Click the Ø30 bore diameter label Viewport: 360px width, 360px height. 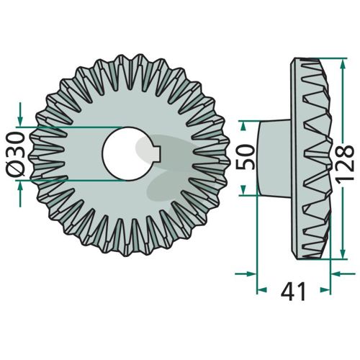[15, 153]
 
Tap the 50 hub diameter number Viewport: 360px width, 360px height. [246, 157]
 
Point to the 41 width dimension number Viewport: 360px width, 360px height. [294, 292]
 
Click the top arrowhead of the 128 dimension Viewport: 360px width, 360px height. [343, 63]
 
